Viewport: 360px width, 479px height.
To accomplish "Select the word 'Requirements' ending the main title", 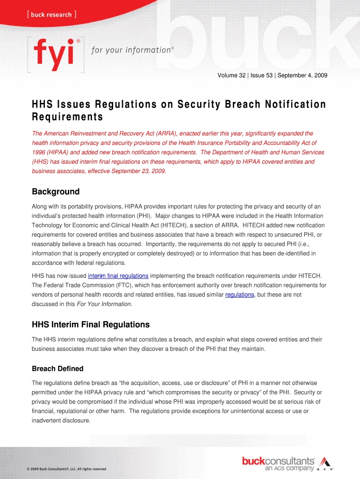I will click(67, 116).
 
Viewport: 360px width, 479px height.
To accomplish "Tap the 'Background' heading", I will click(56, 191).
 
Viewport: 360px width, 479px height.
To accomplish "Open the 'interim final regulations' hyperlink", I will click(118, 276).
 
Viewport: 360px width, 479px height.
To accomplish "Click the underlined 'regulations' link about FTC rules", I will click(239, 295).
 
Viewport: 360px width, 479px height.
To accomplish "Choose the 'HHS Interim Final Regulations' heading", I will click(91, 324).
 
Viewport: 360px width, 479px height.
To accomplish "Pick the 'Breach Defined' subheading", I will click(58, 369).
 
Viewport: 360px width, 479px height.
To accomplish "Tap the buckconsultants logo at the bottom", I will click(278, 461).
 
